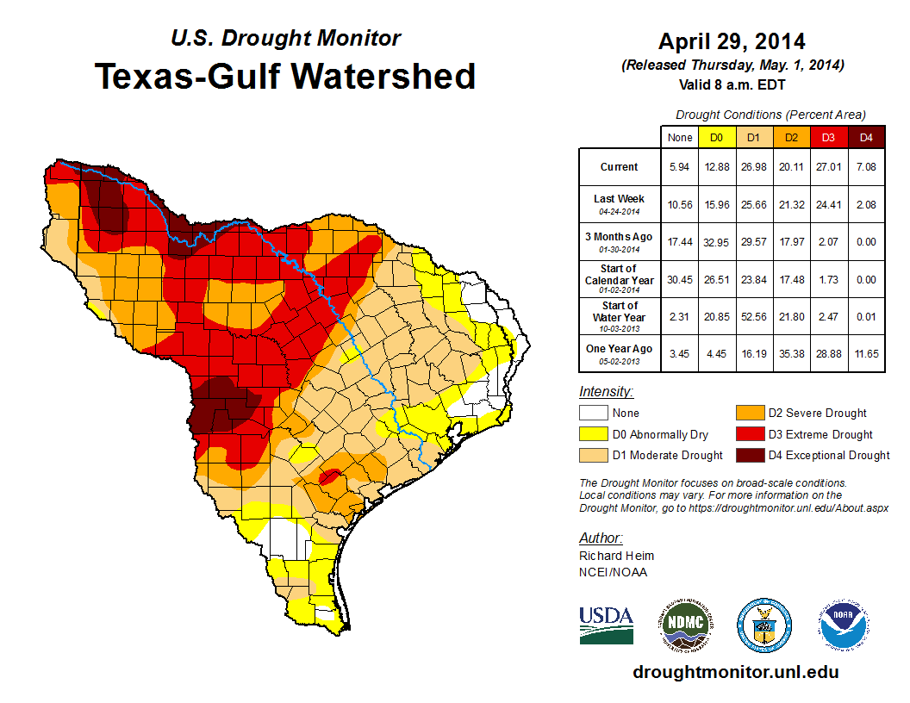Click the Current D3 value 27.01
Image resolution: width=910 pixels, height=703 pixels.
click(828, 167)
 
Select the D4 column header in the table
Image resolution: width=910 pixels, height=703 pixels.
click(866, 137)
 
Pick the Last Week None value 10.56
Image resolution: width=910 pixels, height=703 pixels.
click(680, 204)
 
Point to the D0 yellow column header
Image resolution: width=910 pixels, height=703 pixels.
click(716, 137)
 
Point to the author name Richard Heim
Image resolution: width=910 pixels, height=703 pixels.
click(617, 556)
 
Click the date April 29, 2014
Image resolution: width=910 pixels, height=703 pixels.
click(732, 41)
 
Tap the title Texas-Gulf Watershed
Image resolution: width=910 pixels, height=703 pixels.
click(285, 76)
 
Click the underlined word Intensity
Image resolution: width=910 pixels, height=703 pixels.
click(606, 392)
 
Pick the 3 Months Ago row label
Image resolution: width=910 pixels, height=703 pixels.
click(620, 241)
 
